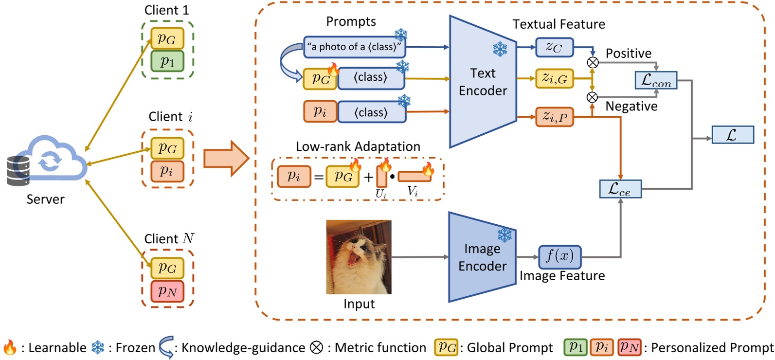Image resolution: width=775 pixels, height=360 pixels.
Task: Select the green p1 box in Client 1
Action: tap(167, 62)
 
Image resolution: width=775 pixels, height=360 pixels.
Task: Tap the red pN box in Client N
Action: tap(167, 291)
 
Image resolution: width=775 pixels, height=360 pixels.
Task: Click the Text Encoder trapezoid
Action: tap(483, 82)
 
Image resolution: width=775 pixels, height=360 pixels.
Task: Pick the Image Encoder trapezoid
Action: tap(482, 257)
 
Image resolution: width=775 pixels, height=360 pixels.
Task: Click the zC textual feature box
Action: tap(554, 47)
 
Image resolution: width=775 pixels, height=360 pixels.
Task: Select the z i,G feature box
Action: tap(554, 78)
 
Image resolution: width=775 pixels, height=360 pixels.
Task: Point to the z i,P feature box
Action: tap(554, 117)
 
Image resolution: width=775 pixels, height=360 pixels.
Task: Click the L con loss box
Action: tap(656, 80)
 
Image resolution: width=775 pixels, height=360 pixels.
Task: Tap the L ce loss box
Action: tap(620, 189)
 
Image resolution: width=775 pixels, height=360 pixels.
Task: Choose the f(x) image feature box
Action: tap(560, 257)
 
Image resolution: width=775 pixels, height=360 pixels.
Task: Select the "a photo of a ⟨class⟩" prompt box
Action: tap(355, 47)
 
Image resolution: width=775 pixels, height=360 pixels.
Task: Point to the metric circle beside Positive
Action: tap(593, 63)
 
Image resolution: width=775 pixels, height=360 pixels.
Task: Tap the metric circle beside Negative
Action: tap(592, 97)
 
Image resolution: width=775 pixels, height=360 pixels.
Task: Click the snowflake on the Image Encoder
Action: tap(505, 235)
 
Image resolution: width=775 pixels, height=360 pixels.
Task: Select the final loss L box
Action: tap(733, 135)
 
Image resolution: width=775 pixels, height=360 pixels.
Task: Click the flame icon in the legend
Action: tap(10, 347)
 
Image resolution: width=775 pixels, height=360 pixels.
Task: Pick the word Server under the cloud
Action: tap(45, 199)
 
